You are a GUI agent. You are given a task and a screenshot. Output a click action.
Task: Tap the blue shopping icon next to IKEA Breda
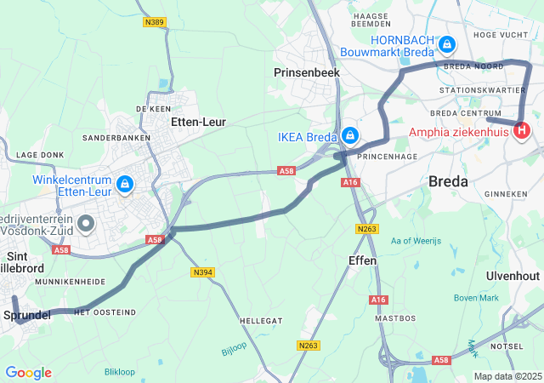click(350, 136)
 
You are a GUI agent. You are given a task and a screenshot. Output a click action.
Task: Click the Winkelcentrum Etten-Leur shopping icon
click(125, 183)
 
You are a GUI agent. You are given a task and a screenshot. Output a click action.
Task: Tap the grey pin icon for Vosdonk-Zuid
click(86, 224)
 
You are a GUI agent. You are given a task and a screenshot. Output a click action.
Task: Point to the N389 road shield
click(154, 23)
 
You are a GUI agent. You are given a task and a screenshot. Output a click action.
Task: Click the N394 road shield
click(202, 272)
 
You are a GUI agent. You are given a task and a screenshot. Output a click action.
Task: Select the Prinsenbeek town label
click(307, 74)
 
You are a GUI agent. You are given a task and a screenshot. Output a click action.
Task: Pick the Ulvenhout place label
click(513, 277)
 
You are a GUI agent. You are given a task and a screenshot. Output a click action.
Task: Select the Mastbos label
click(395, 317)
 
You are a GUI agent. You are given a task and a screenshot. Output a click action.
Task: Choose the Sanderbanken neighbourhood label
click(116, 137)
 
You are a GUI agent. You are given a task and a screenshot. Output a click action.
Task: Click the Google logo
click(28, 373)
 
